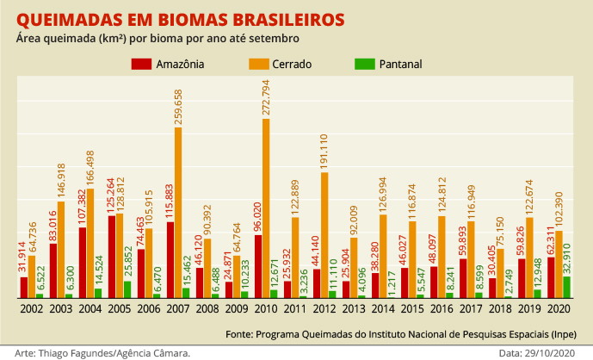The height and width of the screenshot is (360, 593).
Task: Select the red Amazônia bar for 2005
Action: coord(112,257)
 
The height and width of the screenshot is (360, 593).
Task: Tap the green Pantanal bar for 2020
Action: coord(567,288)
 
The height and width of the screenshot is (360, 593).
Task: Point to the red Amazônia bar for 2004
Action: coord(83,263)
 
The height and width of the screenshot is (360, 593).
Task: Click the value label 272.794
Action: coord(266,97)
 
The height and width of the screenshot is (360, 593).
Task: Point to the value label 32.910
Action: coord(567,258)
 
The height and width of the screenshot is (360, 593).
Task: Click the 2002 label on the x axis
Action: coord(32,307)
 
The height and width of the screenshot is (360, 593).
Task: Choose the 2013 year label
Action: coord(354,307)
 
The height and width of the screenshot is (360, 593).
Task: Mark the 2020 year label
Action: coord(559,307)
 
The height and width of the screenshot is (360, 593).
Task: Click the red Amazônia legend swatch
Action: coord(142,64)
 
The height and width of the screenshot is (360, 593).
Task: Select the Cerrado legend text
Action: coord(293,64)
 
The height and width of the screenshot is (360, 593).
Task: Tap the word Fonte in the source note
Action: coord(238,332)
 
